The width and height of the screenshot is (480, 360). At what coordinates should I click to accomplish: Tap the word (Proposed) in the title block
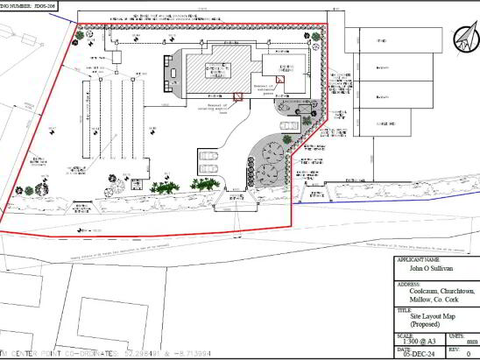[x=414, y=324]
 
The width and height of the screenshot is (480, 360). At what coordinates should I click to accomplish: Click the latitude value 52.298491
[x=142, y=355]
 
